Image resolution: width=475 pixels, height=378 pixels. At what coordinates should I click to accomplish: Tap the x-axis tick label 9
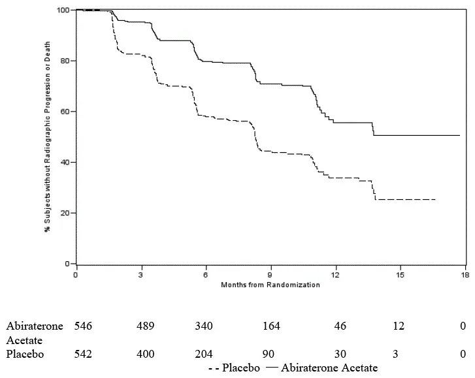coord(270,276)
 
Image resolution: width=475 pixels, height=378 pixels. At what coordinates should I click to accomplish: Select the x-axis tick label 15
coord(400,276)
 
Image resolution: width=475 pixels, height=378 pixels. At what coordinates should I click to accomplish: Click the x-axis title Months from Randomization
coord(270,285)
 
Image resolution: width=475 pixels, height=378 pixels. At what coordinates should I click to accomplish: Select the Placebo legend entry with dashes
coord(235,368)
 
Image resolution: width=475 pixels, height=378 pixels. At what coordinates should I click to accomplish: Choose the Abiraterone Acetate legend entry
coord(321,368)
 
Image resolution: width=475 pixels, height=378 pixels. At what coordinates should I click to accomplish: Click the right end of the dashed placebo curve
coord(435,199)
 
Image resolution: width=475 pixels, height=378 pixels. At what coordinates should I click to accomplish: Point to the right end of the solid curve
coord(460,135)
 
